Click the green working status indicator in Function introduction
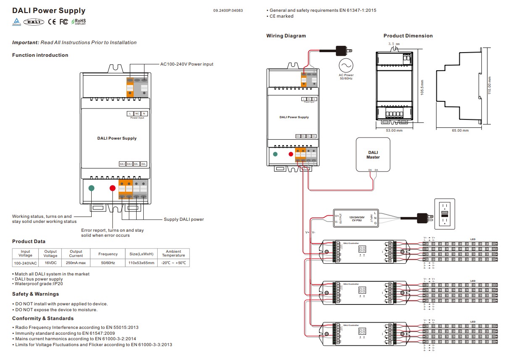[x=92, y=188]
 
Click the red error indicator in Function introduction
[x=112, y=188]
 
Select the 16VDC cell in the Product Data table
[x=50, y=263]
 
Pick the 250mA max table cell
[x=76, y=263]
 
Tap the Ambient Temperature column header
[x=173, y=253]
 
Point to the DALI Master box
[x=373, y=155]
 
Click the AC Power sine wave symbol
[x=346, y=66]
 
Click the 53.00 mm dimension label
[x=394, y=130]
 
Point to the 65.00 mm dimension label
[x=460, y=130]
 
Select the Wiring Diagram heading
[x=286, y=36]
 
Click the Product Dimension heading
[x=408, y=36]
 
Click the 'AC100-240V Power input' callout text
[x=187, y=64]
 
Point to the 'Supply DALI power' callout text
[x=184, y=219]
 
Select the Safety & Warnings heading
[x=35, y=294]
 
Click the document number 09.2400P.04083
[x=228, y=11]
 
